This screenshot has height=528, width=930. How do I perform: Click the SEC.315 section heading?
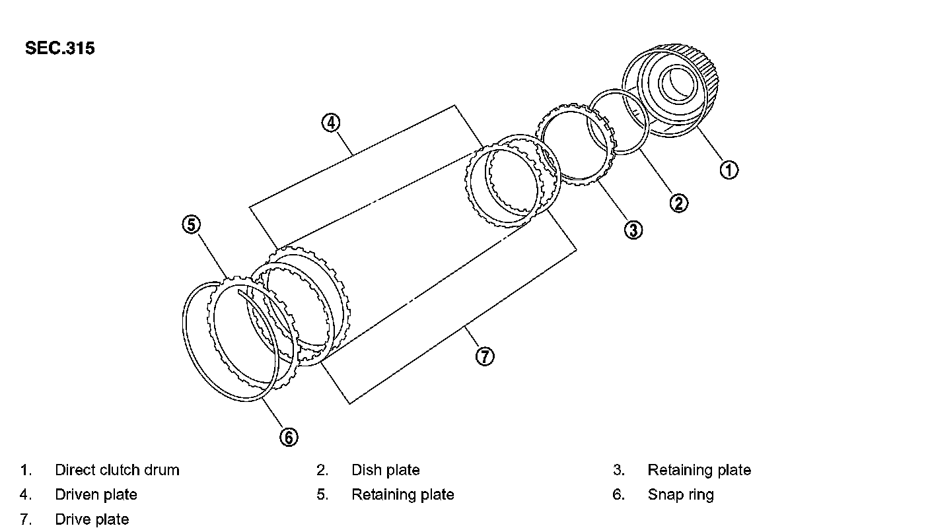click(x=59, y=48)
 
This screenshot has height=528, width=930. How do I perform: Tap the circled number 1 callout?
click(x=729, y=170)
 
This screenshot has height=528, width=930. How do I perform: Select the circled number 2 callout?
click(x=679, y=203)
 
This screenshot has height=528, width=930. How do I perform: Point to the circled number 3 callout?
click(x=633, y=230)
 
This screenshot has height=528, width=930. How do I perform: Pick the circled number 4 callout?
click(x=331, y=122)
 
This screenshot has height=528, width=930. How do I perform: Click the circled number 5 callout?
click(x=191, y=224)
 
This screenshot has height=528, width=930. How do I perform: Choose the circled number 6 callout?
click(x=289, y=436)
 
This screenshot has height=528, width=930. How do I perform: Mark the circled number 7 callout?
click(x=485, y=356)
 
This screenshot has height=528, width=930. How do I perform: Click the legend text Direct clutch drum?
click(x=117, y=470)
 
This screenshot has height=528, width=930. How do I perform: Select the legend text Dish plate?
click(x=385, y=470)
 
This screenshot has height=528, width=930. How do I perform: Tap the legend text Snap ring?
click(x=680, y=494)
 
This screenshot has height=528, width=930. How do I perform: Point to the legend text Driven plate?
click(x=96, y=494)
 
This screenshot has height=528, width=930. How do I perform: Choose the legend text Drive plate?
click(x=92, y=519)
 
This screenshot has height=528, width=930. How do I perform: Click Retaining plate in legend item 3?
click(x=699, y=470)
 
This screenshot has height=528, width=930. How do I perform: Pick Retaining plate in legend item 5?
click(x=402, y=494)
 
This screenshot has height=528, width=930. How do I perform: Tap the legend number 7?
click(x=25, y=519)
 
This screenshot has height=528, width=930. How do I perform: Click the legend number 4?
click(x=25, y=494)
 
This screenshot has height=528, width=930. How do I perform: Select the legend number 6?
click(x=618, y=494)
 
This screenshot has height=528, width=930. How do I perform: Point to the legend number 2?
click(x=322, y=470)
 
